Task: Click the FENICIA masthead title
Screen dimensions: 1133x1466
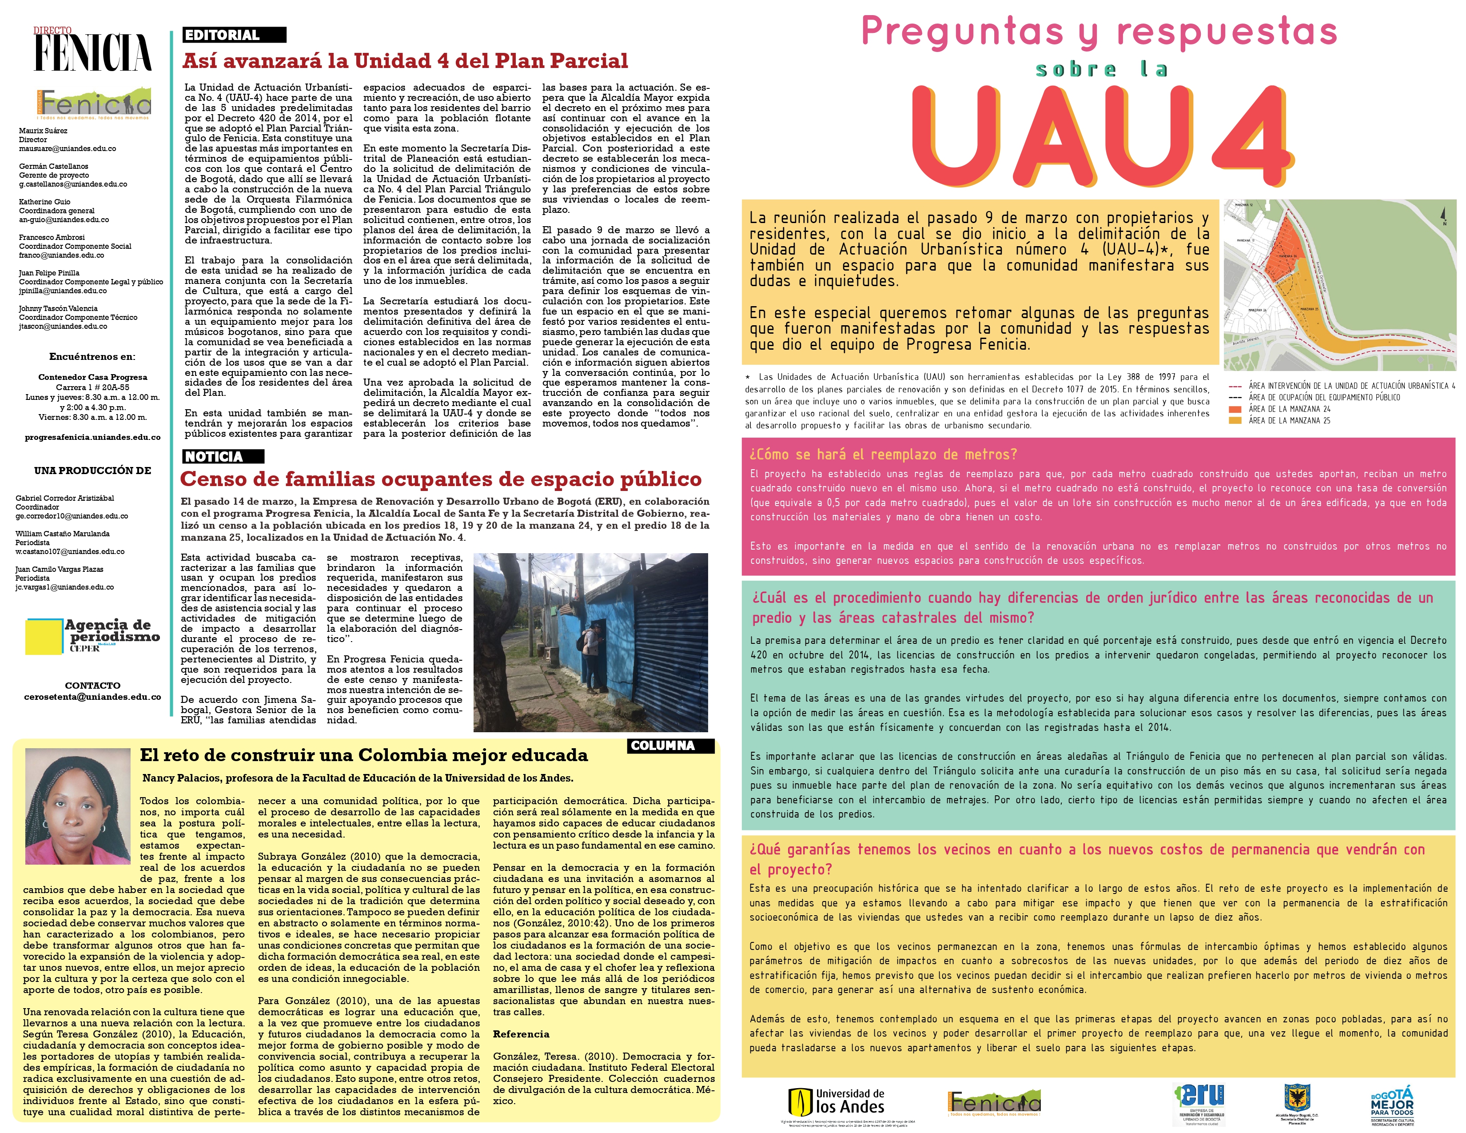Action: (x=93, y=52)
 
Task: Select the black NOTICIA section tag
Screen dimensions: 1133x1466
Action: (x=223, y=456)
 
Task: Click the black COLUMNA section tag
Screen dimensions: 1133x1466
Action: (x=670, y=746)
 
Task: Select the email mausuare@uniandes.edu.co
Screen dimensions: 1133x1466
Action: (x=67, y=149)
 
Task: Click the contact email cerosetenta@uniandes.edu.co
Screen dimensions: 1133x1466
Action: (x=93, y=697)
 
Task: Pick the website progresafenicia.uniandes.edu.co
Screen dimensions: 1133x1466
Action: (x=93, y=437)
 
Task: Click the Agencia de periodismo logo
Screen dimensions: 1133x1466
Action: (x=93, y=635)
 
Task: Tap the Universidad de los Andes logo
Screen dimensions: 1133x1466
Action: (x=836, y=1101)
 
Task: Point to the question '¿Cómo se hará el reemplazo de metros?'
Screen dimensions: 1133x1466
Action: (x=883, y=455)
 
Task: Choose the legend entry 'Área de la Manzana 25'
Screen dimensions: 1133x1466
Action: (x=1289, y=421)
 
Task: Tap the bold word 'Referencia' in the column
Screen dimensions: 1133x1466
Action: (x=521, y=1034)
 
